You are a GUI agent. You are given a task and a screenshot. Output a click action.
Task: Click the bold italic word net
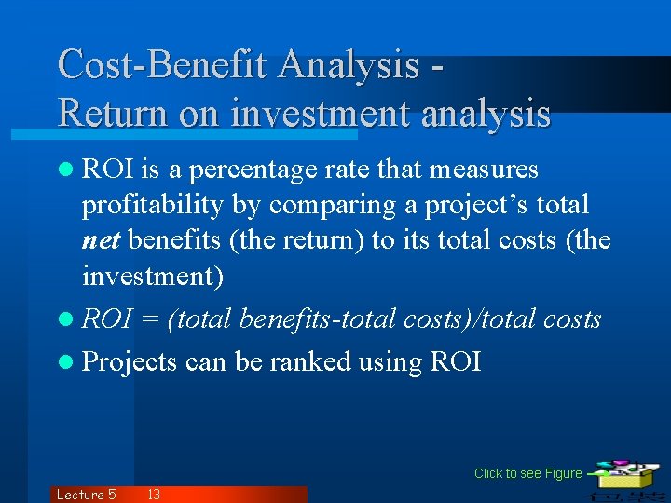click(102, 241)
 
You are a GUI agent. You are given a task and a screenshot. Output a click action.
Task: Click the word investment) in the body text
click(153, 277)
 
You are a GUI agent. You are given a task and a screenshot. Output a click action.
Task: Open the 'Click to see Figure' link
click(527, 473)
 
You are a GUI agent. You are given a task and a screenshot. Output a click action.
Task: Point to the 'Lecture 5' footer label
click(86, 495)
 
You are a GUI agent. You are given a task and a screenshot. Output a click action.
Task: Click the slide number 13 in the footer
click(154, 495)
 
